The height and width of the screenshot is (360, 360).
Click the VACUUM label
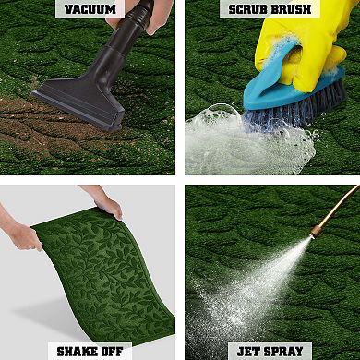pyautogui.click(x=90, y=9)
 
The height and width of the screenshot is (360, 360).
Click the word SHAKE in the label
pyautogui.click(x=77, y=352)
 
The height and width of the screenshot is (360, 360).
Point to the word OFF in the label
pyautogui.click(x=112, y=352)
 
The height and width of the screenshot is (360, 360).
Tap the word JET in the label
pyautogui.click(x=246, y=352)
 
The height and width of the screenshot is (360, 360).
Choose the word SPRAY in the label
pyautogui.click(x=282, y=352)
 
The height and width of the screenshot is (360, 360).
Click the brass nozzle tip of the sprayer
pyautogui.click(x=315, y=232)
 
